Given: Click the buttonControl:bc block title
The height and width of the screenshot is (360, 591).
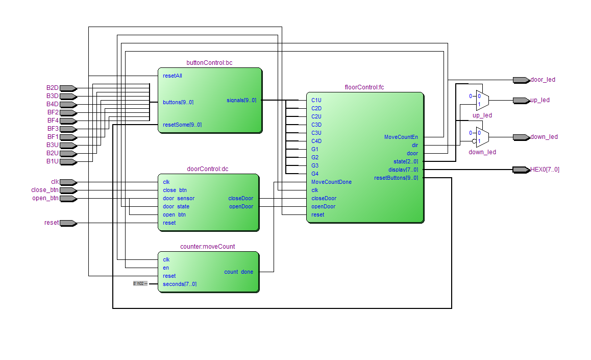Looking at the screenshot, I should [210, 63].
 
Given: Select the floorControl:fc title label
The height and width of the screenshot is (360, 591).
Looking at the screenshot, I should [364, 87].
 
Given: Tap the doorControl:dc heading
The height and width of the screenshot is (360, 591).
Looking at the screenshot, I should [208, 169].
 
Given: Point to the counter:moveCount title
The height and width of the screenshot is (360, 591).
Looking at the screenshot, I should [208, 247].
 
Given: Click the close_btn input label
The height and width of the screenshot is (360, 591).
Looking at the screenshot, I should [45, 190].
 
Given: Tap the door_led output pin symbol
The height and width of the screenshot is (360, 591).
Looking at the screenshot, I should [521, 80].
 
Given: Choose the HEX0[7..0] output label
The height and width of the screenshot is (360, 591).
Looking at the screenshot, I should [545, 170].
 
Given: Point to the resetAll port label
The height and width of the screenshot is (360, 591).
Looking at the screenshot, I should [173, 76].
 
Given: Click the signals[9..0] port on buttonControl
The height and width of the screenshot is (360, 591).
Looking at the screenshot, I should [241, 100].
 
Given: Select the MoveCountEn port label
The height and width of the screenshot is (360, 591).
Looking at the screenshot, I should [401, 137].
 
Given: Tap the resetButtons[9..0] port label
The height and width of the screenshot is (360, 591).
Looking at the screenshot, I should [396, 178].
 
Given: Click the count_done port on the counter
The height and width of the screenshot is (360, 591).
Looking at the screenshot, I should [238, 272].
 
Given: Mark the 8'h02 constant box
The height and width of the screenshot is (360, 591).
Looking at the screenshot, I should [139, 283].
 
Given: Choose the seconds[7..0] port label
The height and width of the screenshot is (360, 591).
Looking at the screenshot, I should [180, 284].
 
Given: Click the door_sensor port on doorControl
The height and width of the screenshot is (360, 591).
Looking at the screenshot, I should [179, 198].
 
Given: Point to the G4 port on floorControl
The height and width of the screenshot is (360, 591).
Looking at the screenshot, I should [315, 174].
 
